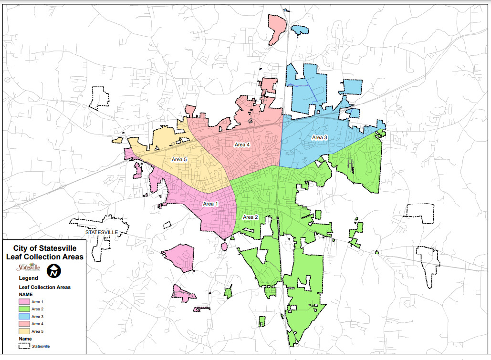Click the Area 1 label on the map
pos(210,204)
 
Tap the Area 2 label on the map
pos(251,217)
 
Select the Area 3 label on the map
pos(320,137)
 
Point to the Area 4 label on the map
pos(242,144)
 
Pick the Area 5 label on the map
pos(179,160)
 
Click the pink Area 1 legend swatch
pos(24,302)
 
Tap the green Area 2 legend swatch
pos(24,309)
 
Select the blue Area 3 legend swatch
pos(24,317)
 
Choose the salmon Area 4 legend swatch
pos(24,324)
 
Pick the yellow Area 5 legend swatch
pos(24,331)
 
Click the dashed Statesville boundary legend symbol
pos(24,347)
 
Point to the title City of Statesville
pos(44,248)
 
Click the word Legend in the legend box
pos(29,278)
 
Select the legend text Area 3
pos(37,317)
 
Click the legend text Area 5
pos(37,331)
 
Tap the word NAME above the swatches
pos(26,295)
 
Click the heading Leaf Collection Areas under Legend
pos(44,288)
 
